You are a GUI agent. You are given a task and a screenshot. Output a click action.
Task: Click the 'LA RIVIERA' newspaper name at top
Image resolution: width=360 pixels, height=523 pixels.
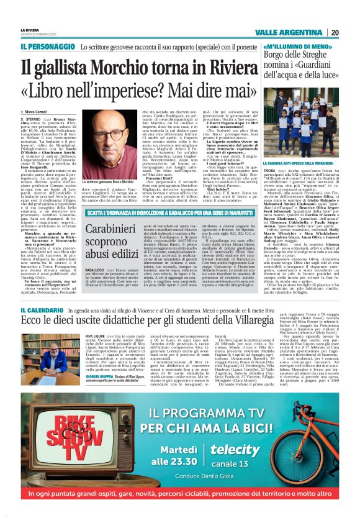29,30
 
